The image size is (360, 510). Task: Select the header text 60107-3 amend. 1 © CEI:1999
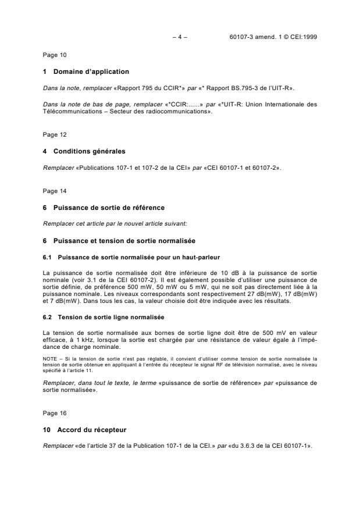coord(273,37)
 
